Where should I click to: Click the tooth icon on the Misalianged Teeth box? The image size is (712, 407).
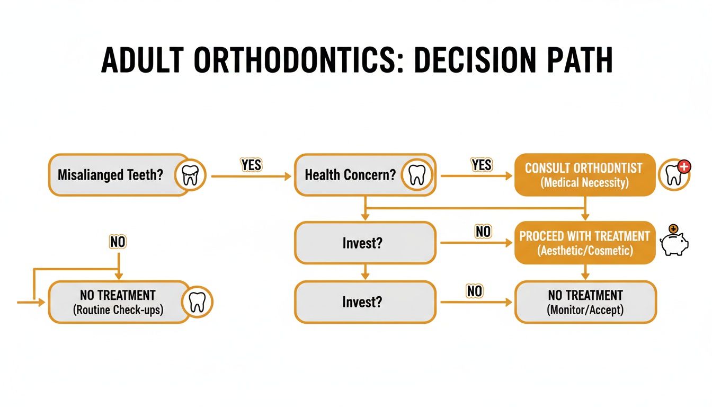(x=189, y=175)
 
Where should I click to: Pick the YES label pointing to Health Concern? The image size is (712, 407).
(x=251, y=165)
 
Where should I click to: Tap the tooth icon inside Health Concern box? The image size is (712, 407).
(x=417, y=175)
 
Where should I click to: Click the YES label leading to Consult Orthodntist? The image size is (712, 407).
(x=482, y=165)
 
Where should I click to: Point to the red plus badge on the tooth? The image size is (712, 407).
(x=684, y=167)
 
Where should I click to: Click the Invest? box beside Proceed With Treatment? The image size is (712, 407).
(x=365, y=243)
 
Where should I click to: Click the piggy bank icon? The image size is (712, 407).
(x=674, y=243)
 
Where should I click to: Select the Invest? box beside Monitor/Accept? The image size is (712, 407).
(x=365, y=302)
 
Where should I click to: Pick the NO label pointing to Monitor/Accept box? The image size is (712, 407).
(x=475, y=291)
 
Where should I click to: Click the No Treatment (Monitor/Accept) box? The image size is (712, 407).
(x=585, y=302)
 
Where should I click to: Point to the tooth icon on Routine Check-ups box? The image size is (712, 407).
(x=197, y=302)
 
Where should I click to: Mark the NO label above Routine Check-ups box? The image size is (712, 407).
(x=118, y=242)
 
